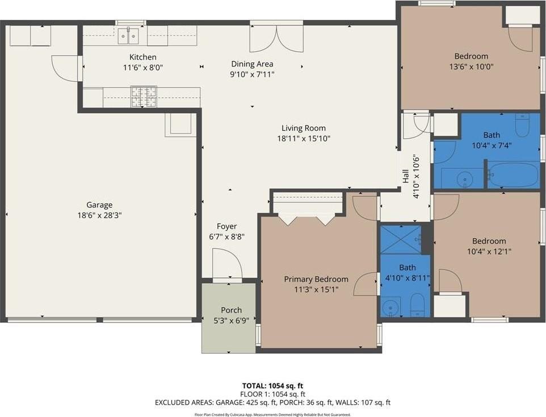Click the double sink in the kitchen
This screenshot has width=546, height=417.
click(x=129, y=36)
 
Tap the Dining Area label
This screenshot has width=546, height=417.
click(x=252, y=64)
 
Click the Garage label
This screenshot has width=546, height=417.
click(x=99, y=205)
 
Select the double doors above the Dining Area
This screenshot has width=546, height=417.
click(x=276, y=38)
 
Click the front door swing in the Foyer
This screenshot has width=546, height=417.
click(x=226, y=264)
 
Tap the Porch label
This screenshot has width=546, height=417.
click(x=231, y=310)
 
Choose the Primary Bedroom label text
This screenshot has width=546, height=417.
click(x=316, y=279)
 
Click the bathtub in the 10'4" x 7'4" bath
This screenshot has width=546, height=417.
click(x=514, y=175)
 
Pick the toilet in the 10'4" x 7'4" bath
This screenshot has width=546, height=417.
click(x=522, y=124)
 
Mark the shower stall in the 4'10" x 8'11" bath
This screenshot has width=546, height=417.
click(x=400, y=239)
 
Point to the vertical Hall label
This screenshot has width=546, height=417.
click(x=406, y=177)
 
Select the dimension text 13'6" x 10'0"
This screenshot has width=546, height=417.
click(x=471, y=66)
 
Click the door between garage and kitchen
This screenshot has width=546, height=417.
click(x=66, y=68)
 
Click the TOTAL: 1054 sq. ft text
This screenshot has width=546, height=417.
click(x=272, y=385)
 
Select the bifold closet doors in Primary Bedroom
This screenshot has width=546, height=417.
click(x=307, y=219)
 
